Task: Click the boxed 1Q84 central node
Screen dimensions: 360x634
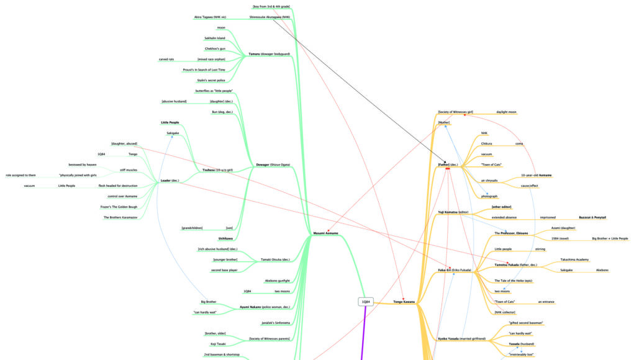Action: point(366,302)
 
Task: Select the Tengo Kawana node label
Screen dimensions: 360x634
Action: point(404,302)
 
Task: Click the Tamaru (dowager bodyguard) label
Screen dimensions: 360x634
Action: point(269,54)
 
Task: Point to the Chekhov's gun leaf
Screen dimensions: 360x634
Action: point(215,48)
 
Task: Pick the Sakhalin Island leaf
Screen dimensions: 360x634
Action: point(215,38)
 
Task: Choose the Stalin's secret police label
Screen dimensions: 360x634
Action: point(212,80)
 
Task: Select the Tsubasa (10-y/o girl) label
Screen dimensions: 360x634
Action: point(217,169)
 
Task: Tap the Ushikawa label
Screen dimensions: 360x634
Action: point(225,238)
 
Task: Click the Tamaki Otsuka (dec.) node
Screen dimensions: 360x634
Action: point(275,259)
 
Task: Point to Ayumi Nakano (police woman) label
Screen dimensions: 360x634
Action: point(265,307)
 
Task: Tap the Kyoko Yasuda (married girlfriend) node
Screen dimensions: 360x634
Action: point(462,339)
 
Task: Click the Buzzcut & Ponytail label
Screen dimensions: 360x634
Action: point(592,217)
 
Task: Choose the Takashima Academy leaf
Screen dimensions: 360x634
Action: point(574,259)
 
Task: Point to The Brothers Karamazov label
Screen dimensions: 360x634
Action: point(120,217)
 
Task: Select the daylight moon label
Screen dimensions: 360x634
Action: point(506,112)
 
